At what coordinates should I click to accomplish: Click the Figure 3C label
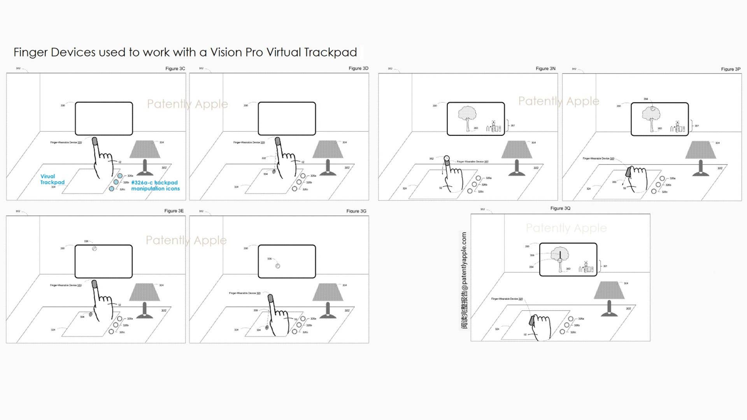175,68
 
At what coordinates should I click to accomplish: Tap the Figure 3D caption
358,68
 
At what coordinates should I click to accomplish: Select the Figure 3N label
545,68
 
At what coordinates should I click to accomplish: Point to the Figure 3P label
731,69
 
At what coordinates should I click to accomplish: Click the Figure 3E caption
174,211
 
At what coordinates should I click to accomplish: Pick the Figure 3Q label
560,208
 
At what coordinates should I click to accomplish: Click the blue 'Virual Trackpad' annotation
53,179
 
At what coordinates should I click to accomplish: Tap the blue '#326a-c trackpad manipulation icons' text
155,185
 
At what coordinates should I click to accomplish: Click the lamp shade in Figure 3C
145,149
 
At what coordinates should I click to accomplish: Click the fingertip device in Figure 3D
277,141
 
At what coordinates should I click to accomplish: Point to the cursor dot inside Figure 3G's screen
278,266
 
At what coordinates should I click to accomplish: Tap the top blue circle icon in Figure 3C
120,176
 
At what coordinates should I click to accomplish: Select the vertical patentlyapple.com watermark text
464,280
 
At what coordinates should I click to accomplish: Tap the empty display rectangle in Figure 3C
103,118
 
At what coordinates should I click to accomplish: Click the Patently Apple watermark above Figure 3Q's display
566,228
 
